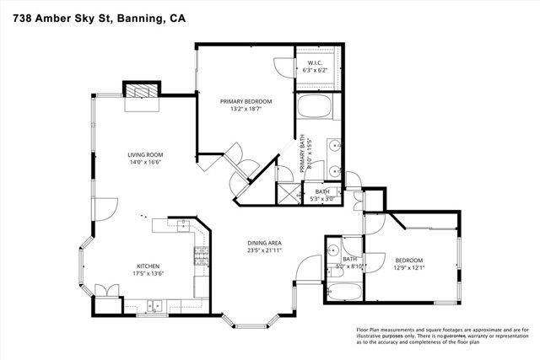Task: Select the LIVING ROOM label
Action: [x=144, y=155]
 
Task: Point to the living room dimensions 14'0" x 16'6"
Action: [x=144, y=163]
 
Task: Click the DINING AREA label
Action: [x=264, y=241]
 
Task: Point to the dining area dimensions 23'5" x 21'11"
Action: [x=264, y=250]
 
